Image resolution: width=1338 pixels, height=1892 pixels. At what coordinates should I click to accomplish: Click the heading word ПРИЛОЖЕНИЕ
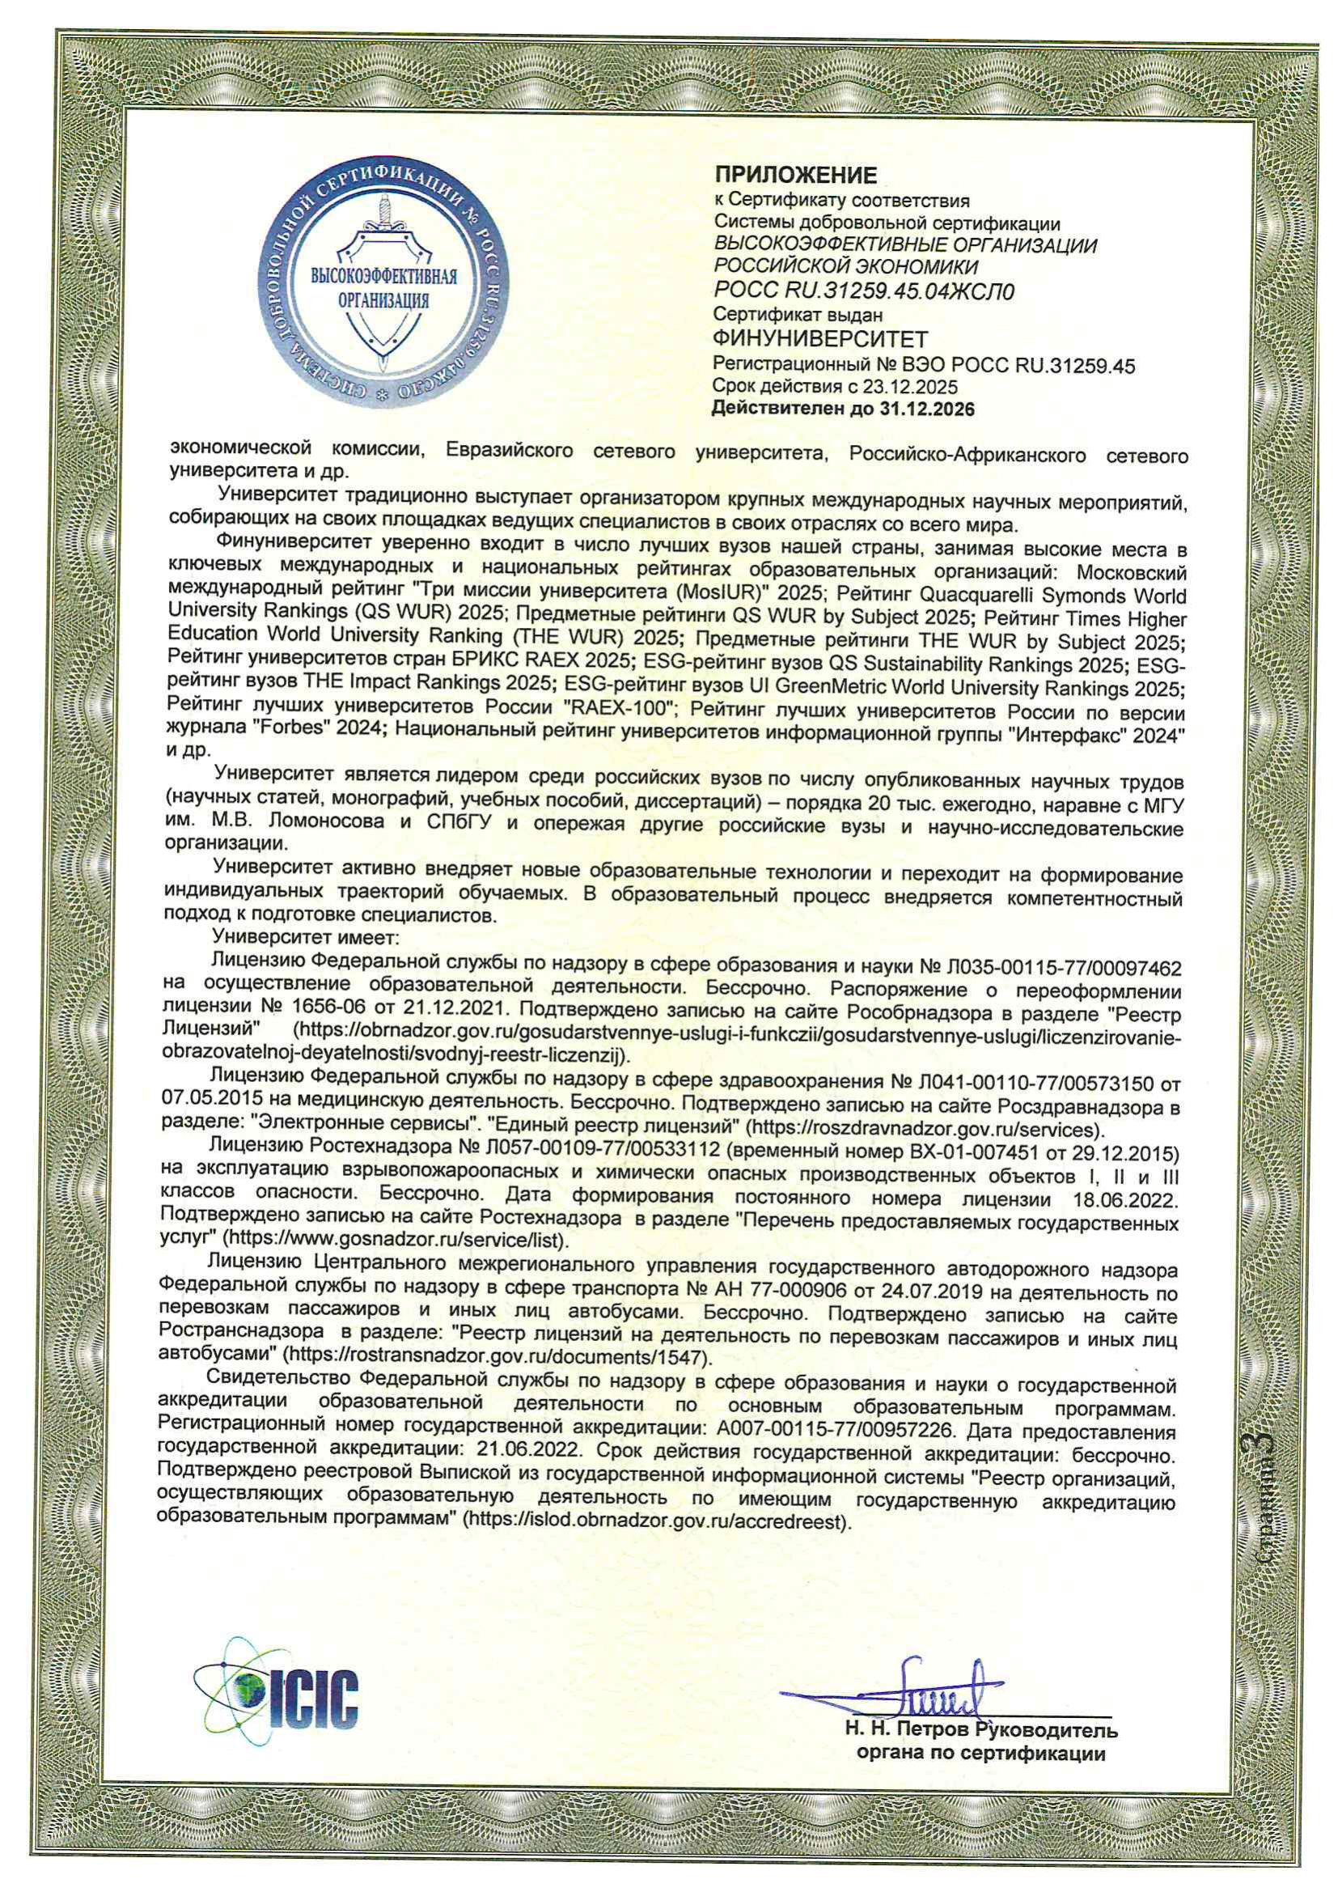pos(796,175)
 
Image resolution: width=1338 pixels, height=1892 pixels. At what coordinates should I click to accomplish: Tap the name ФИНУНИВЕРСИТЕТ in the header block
pos(820,339)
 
